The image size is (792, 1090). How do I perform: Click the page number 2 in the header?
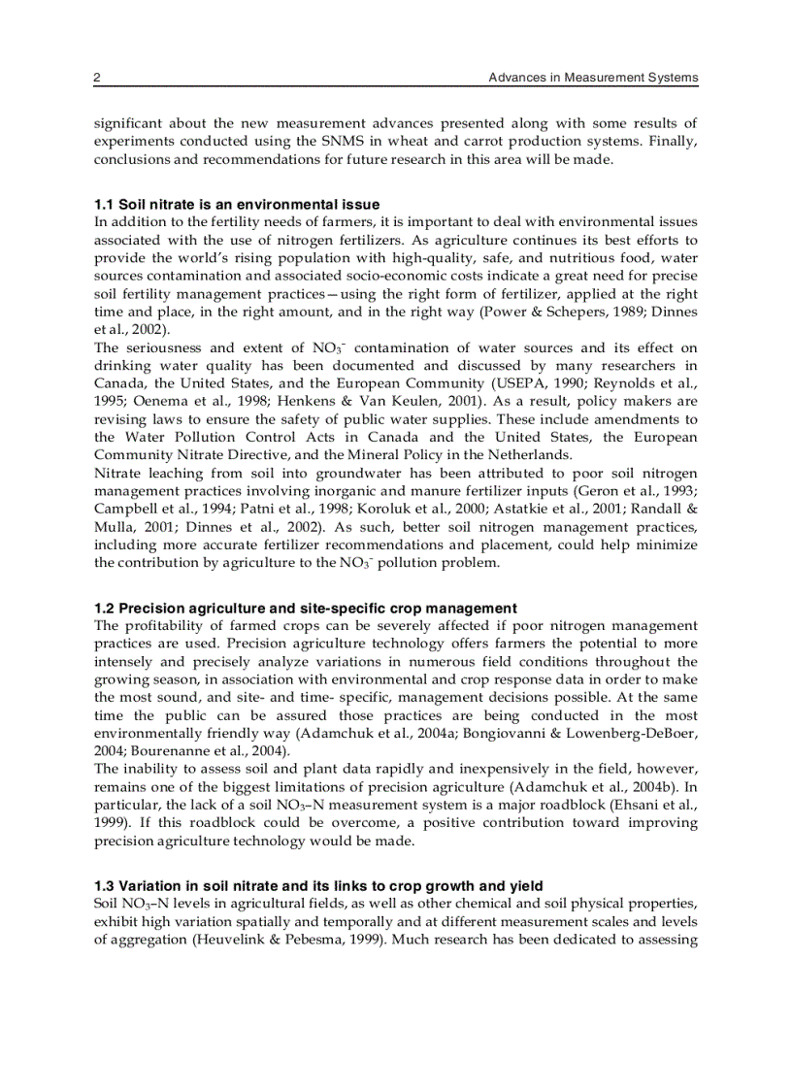[x=97, y=77]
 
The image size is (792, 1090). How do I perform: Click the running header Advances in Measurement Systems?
[x=593, y=77]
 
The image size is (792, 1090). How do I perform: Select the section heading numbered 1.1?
[x=237, y=205]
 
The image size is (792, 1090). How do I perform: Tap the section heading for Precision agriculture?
[x=306, y=609]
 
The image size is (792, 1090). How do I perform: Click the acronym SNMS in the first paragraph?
[x=335, y=142]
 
